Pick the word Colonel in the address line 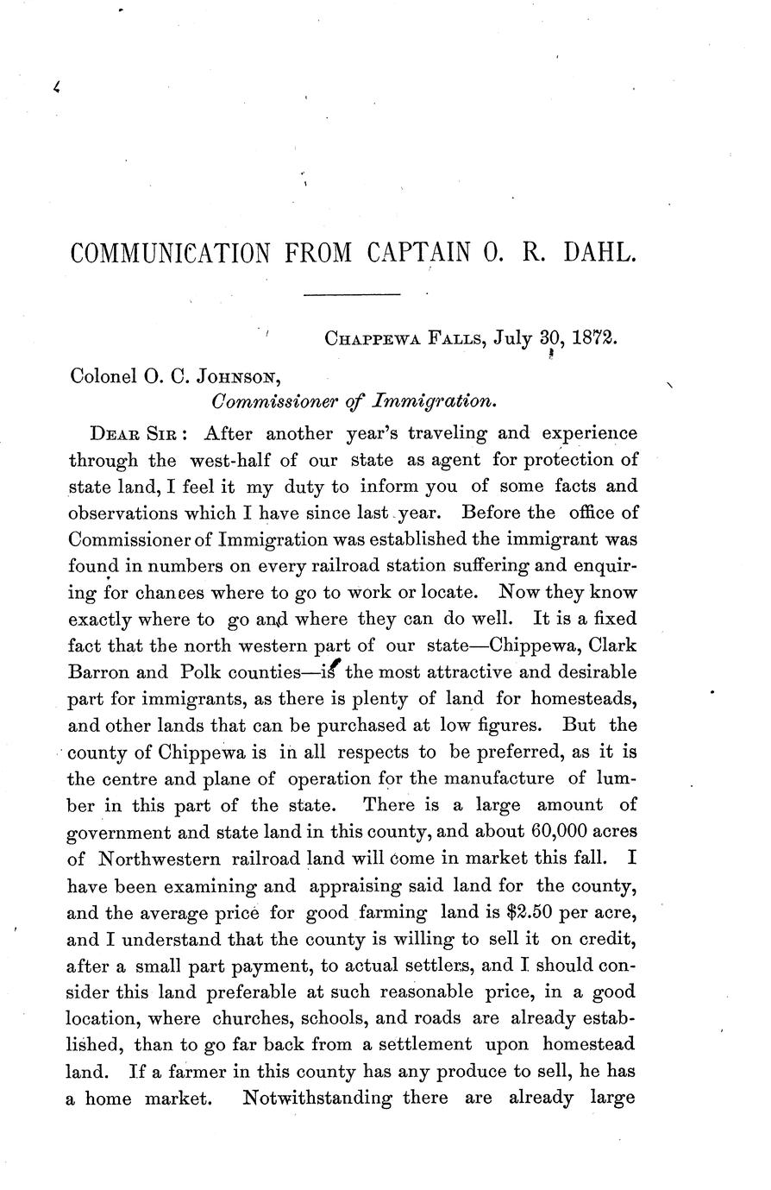[103, 375]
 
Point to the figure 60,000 [565, 833]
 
